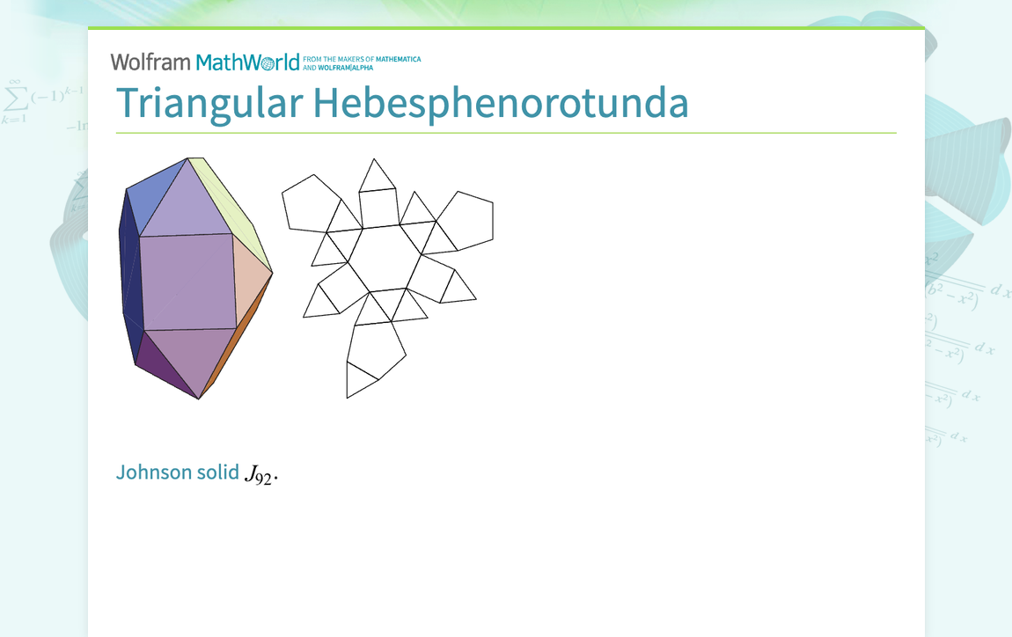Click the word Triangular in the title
[209, 104]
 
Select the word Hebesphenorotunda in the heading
[501, 104]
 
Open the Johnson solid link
[178, 472]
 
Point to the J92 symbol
[260, 474]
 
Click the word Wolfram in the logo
[150, 62]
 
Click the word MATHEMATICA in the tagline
[398, 59]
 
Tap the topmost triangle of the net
[377, 177]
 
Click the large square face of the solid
[187, 282]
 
